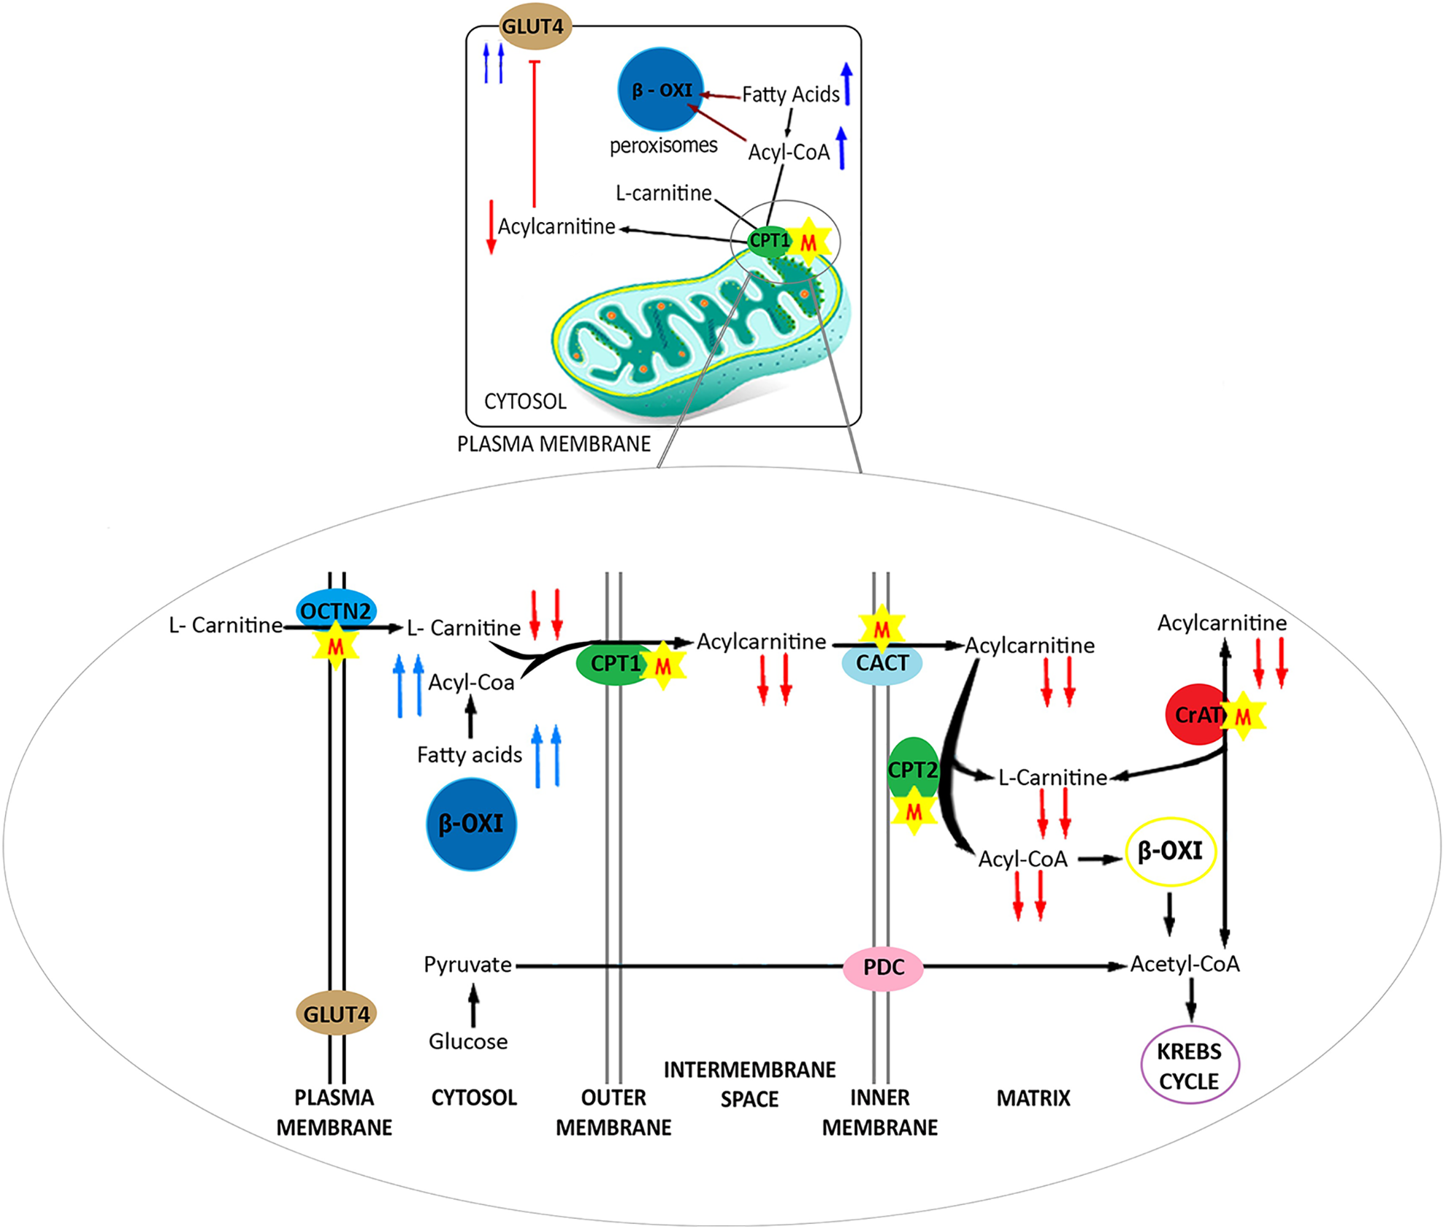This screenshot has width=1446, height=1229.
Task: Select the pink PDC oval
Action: pos(884,967)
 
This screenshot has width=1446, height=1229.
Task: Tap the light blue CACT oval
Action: pos(882,663)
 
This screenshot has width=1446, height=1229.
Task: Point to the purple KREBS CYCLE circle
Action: pos(1190,1065)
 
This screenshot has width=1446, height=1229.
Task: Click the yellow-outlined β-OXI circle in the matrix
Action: pos(1171,851)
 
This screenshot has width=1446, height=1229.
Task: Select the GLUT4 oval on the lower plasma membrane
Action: pos(336,1014)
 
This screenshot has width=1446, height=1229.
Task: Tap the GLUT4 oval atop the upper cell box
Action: pos(534,27)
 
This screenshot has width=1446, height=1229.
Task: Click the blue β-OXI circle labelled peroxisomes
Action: pos(661,90)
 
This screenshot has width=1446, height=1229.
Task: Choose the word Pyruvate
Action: pos(467,965)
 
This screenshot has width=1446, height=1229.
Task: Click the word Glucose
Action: pos(468,1041)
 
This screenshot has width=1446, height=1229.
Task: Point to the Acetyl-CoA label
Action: pos(1185,964)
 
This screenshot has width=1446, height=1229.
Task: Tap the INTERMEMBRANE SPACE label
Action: pos(750,1084)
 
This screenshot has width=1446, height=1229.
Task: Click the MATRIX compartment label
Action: pos(1033,1098)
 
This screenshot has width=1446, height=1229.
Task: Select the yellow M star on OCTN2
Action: pos(336,646)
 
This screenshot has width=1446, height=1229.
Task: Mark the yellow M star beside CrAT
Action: pos(1243,716)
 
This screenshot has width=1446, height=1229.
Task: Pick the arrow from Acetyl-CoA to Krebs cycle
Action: pos(1191,999)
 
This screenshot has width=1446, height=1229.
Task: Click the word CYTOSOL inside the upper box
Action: pos(525,402)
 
